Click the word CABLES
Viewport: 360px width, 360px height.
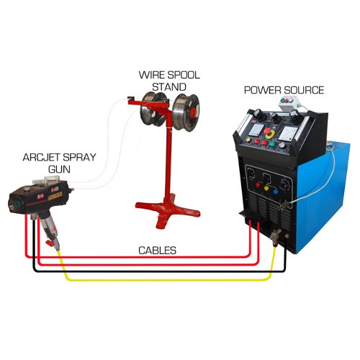(x=157, y=251)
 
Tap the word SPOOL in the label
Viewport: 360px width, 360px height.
(x=184, y=75)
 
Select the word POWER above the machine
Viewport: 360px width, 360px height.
(x=263, y=90)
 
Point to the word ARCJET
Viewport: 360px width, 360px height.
(x=42, y=158)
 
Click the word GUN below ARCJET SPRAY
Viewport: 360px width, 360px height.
(x=59, y=169)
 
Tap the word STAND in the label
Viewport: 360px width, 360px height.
(x=169, y=87)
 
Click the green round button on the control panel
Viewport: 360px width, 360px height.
(x=272, y=144)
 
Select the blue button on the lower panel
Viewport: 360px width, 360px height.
(x=275, y=192)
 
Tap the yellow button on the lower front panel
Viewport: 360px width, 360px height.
(x=266, y=188)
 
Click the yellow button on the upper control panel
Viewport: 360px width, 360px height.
(x=248, y=140)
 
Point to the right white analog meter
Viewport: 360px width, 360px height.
(x=288, y=135)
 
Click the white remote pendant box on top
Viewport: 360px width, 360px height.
(x=289, y=104)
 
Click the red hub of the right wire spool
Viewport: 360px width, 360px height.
(x=193, y=112)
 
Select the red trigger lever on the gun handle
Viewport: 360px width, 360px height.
(x=50, y=243)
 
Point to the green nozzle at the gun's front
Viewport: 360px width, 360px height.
(x=17, y=204)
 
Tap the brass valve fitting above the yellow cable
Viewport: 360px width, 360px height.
(x=276, y=236)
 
